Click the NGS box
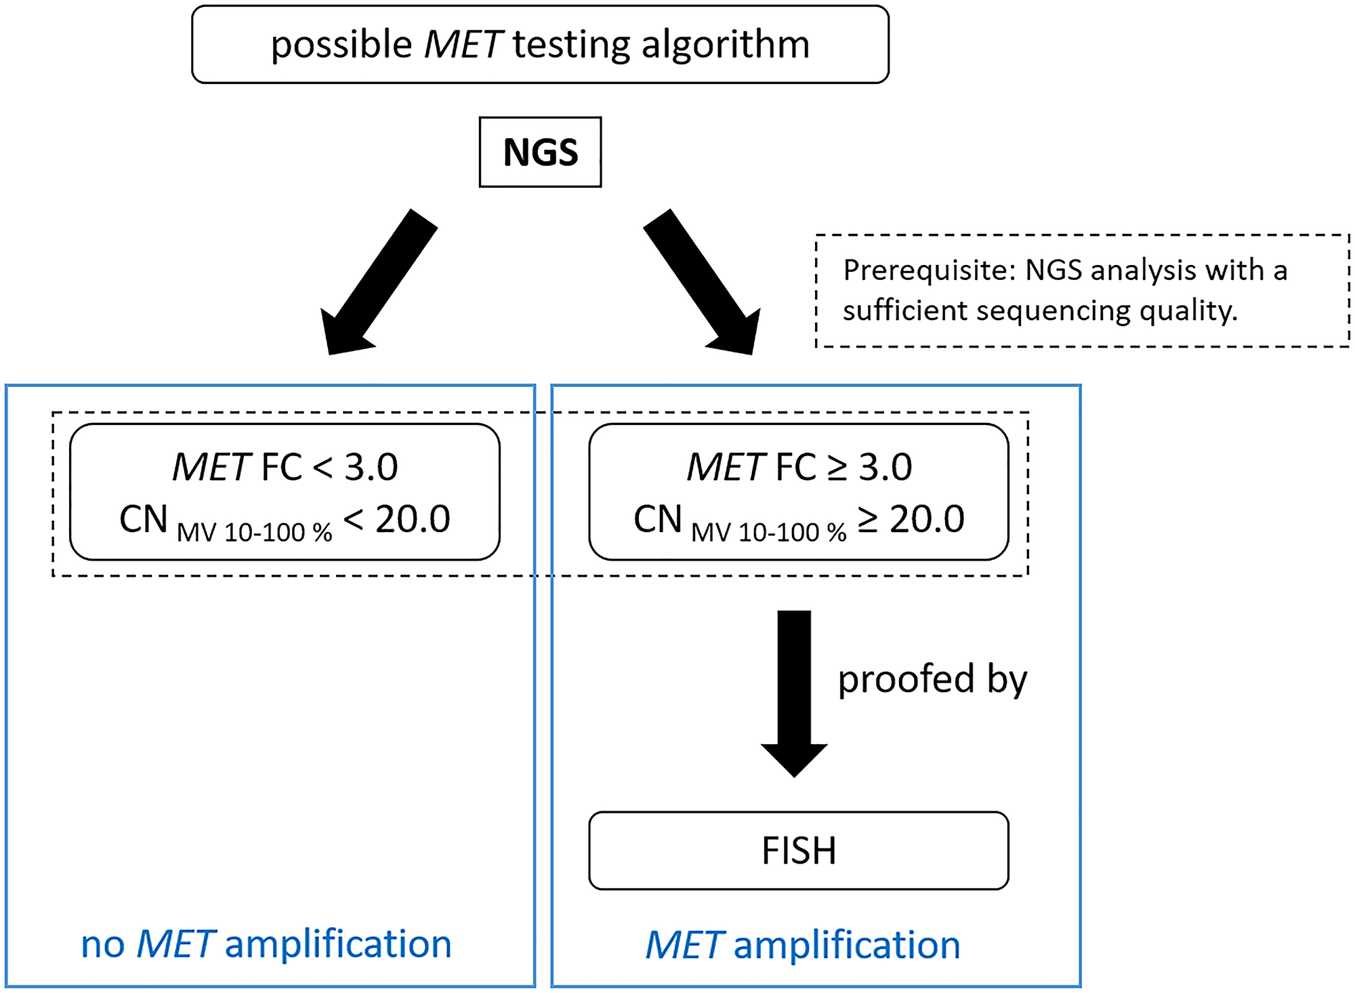click(x=540, y=152)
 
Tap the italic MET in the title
click(x=463, y=45)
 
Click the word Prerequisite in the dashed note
click(x=928, y=270)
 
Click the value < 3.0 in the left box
click(x=355, y=467)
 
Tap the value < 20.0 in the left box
click(x=397, y=520)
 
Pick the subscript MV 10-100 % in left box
click(x=254, y=533)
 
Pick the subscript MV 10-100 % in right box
click(x=768, y=533)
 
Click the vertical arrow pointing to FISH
click(x=794, y=691)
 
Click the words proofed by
click(x=932, y=680)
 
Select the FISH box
click(x=798, y=851)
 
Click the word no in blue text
click(x=102, y=945)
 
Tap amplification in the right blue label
click(x=847, y=945)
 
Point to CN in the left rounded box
click(x=143, y=520)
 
